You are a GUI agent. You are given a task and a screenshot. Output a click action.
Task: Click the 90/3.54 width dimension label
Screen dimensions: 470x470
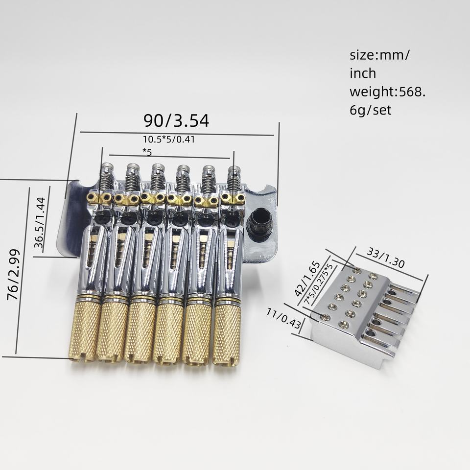(176, 120)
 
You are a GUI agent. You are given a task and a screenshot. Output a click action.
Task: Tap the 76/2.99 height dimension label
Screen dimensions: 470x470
(14, 275)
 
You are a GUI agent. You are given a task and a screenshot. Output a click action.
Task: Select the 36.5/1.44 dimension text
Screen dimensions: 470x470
(40, 223)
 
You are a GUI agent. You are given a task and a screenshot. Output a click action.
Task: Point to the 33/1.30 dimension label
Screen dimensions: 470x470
(386, 258)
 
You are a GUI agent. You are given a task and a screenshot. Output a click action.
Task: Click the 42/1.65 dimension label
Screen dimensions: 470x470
(307, 279)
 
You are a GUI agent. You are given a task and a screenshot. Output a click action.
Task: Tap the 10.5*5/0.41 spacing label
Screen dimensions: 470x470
(169, 140)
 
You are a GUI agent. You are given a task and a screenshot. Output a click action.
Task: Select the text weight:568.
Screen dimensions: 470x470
(388, 92)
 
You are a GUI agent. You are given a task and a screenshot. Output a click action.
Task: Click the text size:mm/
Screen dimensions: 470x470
(379, 55)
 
